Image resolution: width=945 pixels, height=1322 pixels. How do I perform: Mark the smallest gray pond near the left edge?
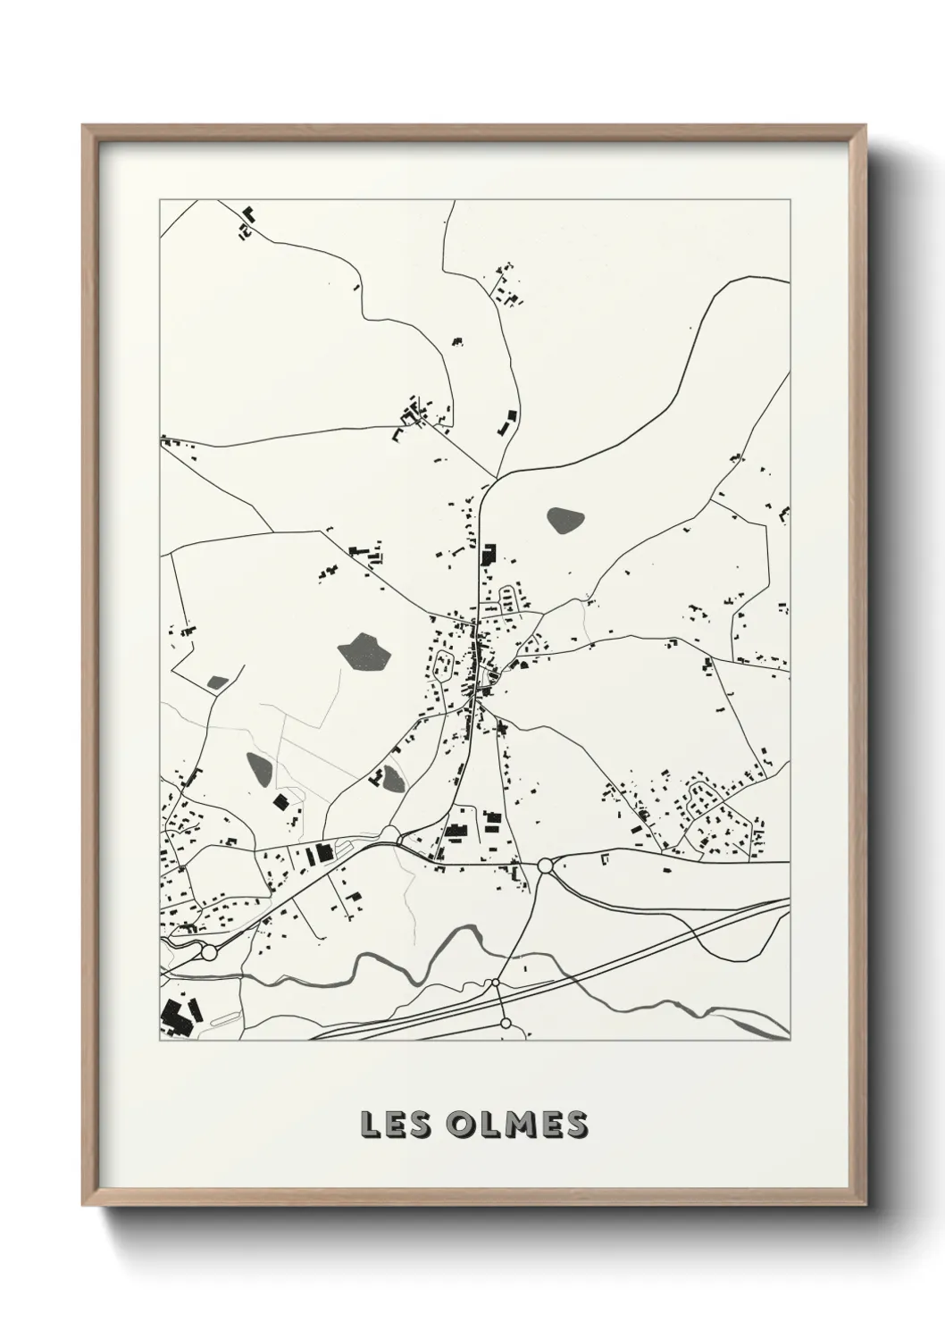(x=217, y=682)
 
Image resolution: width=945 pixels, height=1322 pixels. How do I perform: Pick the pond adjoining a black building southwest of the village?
(x=393, y=777)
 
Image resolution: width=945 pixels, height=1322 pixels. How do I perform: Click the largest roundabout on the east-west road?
(x=545, y=866)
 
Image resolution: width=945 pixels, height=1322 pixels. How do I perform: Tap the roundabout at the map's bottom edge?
(x=506, y=1023)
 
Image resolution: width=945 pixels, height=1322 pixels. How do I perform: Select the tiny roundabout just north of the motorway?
(x=495, y=983)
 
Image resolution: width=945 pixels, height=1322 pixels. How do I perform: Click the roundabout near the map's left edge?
(x=209, y=953)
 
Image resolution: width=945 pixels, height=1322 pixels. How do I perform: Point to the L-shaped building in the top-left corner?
(x=249, y=214)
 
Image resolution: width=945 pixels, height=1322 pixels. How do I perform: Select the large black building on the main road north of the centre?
(x=489, y=554)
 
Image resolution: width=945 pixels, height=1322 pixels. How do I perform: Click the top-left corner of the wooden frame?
(x=84, y=126)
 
